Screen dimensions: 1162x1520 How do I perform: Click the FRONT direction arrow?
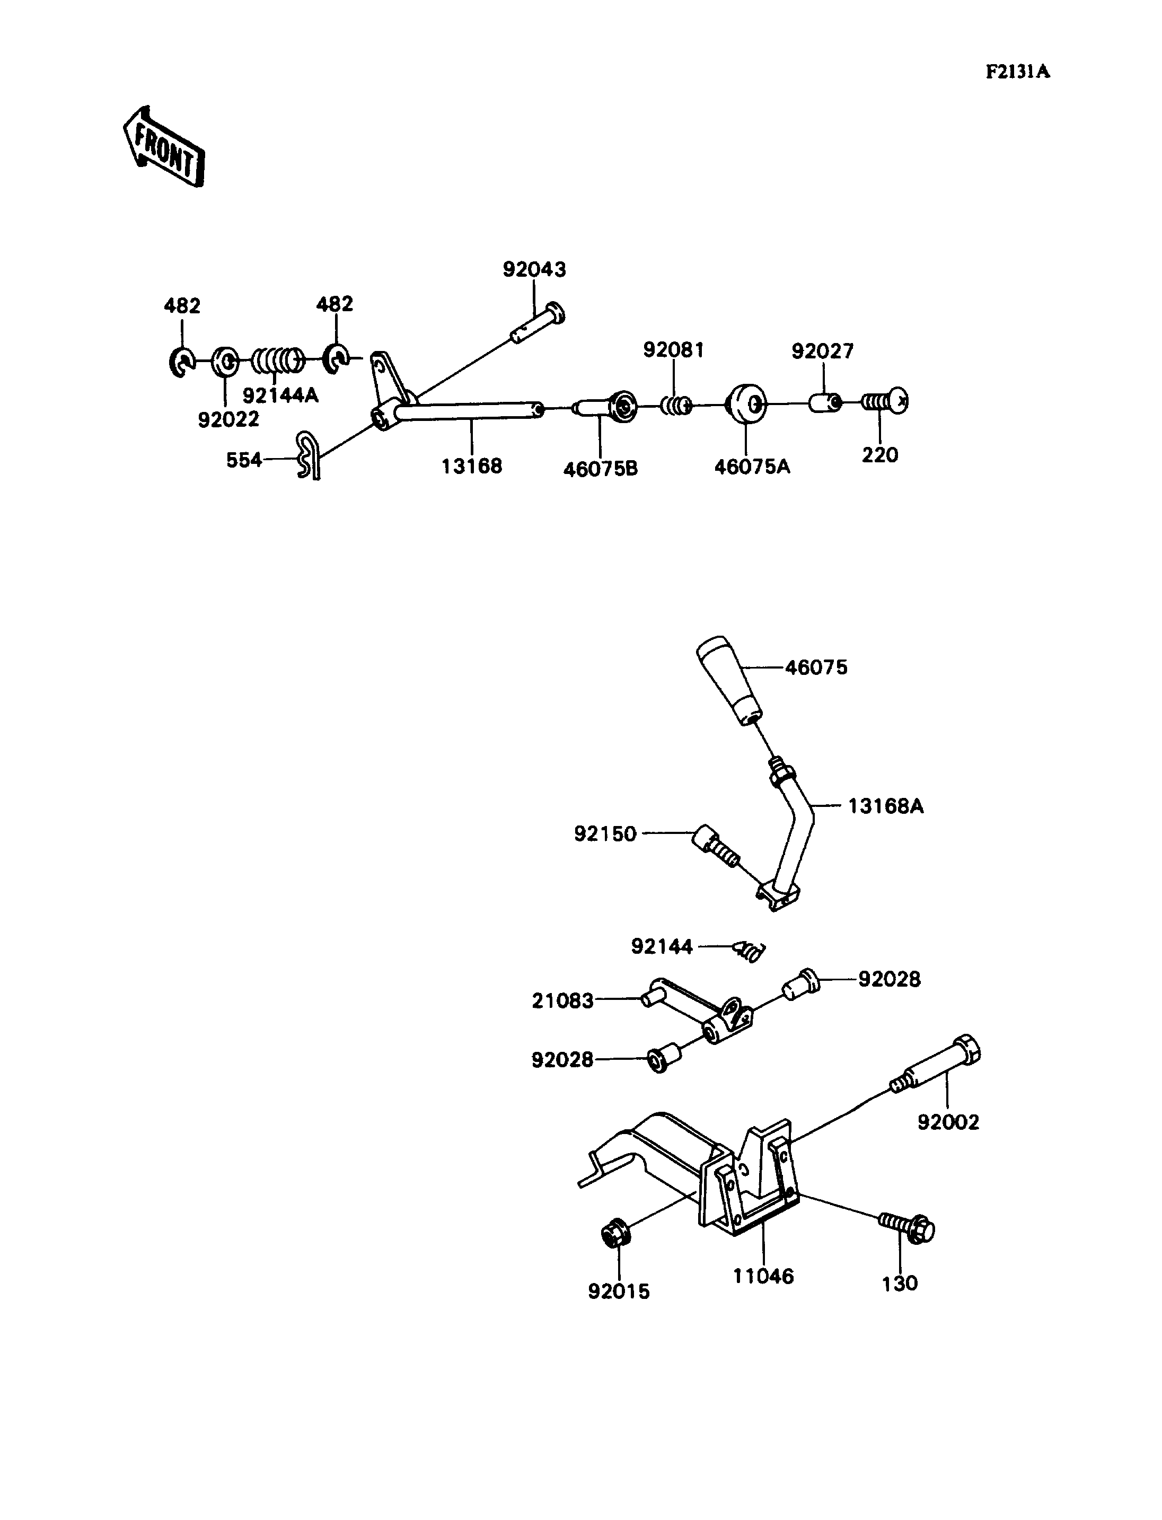(x=164, y=147)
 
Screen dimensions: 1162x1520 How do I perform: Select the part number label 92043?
(x=534, y=269)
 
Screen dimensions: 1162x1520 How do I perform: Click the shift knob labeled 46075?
(x=728, y=680)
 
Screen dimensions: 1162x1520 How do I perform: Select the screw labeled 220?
(x=885, y=401)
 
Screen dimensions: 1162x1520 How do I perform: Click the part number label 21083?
(x=562, y=1001)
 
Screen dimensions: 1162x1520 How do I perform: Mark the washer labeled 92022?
(x=225, y=362)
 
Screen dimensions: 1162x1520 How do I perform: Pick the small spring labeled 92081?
(x=675, y=405)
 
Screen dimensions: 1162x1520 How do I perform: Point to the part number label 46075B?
(x=601, y=469)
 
